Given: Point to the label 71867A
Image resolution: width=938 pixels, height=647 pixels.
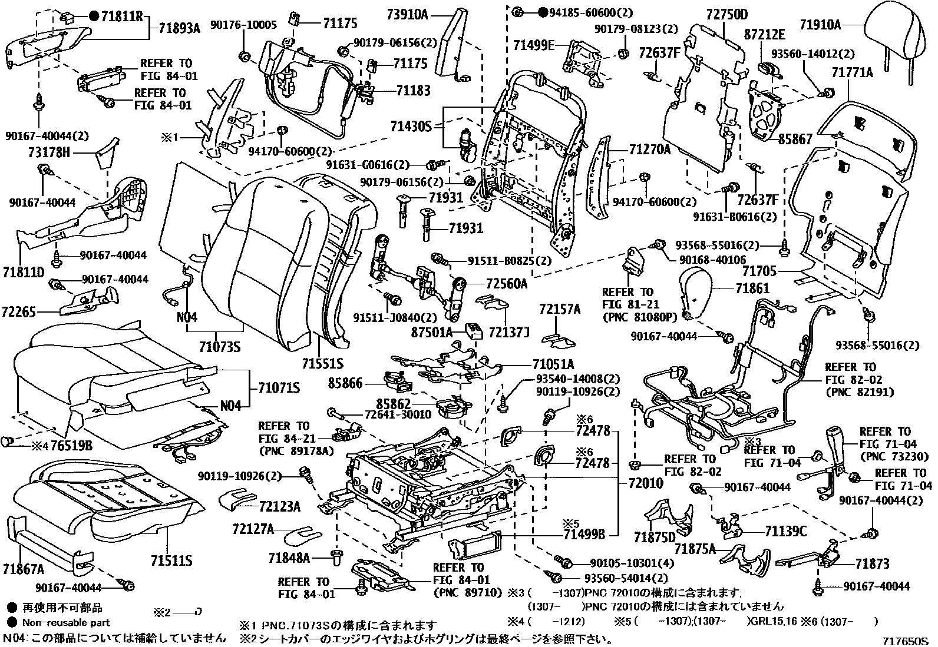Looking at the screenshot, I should [x=23, y=569].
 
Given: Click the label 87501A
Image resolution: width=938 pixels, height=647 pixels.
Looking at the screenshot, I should [x=432, y=333].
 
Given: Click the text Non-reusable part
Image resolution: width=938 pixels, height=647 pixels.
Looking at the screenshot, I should [x=66, y=622].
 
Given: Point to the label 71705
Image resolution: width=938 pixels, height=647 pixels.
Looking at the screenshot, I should [x=759, y=271].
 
